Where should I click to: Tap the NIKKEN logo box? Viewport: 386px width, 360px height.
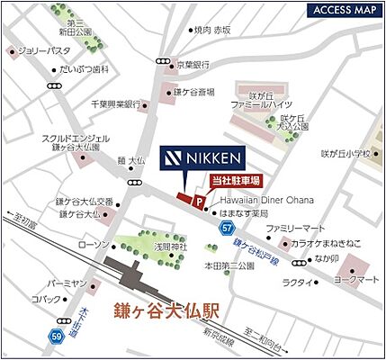click(x=202, y=158)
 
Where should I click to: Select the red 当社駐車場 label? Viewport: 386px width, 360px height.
click(x=236, y=181)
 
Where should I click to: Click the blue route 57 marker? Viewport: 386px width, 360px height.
click(x=224, y=230)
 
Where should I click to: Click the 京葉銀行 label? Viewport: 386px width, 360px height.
click(x=193, y=65)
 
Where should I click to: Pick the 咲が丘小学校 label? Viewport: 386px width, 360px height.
click(x=346, y=153)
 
